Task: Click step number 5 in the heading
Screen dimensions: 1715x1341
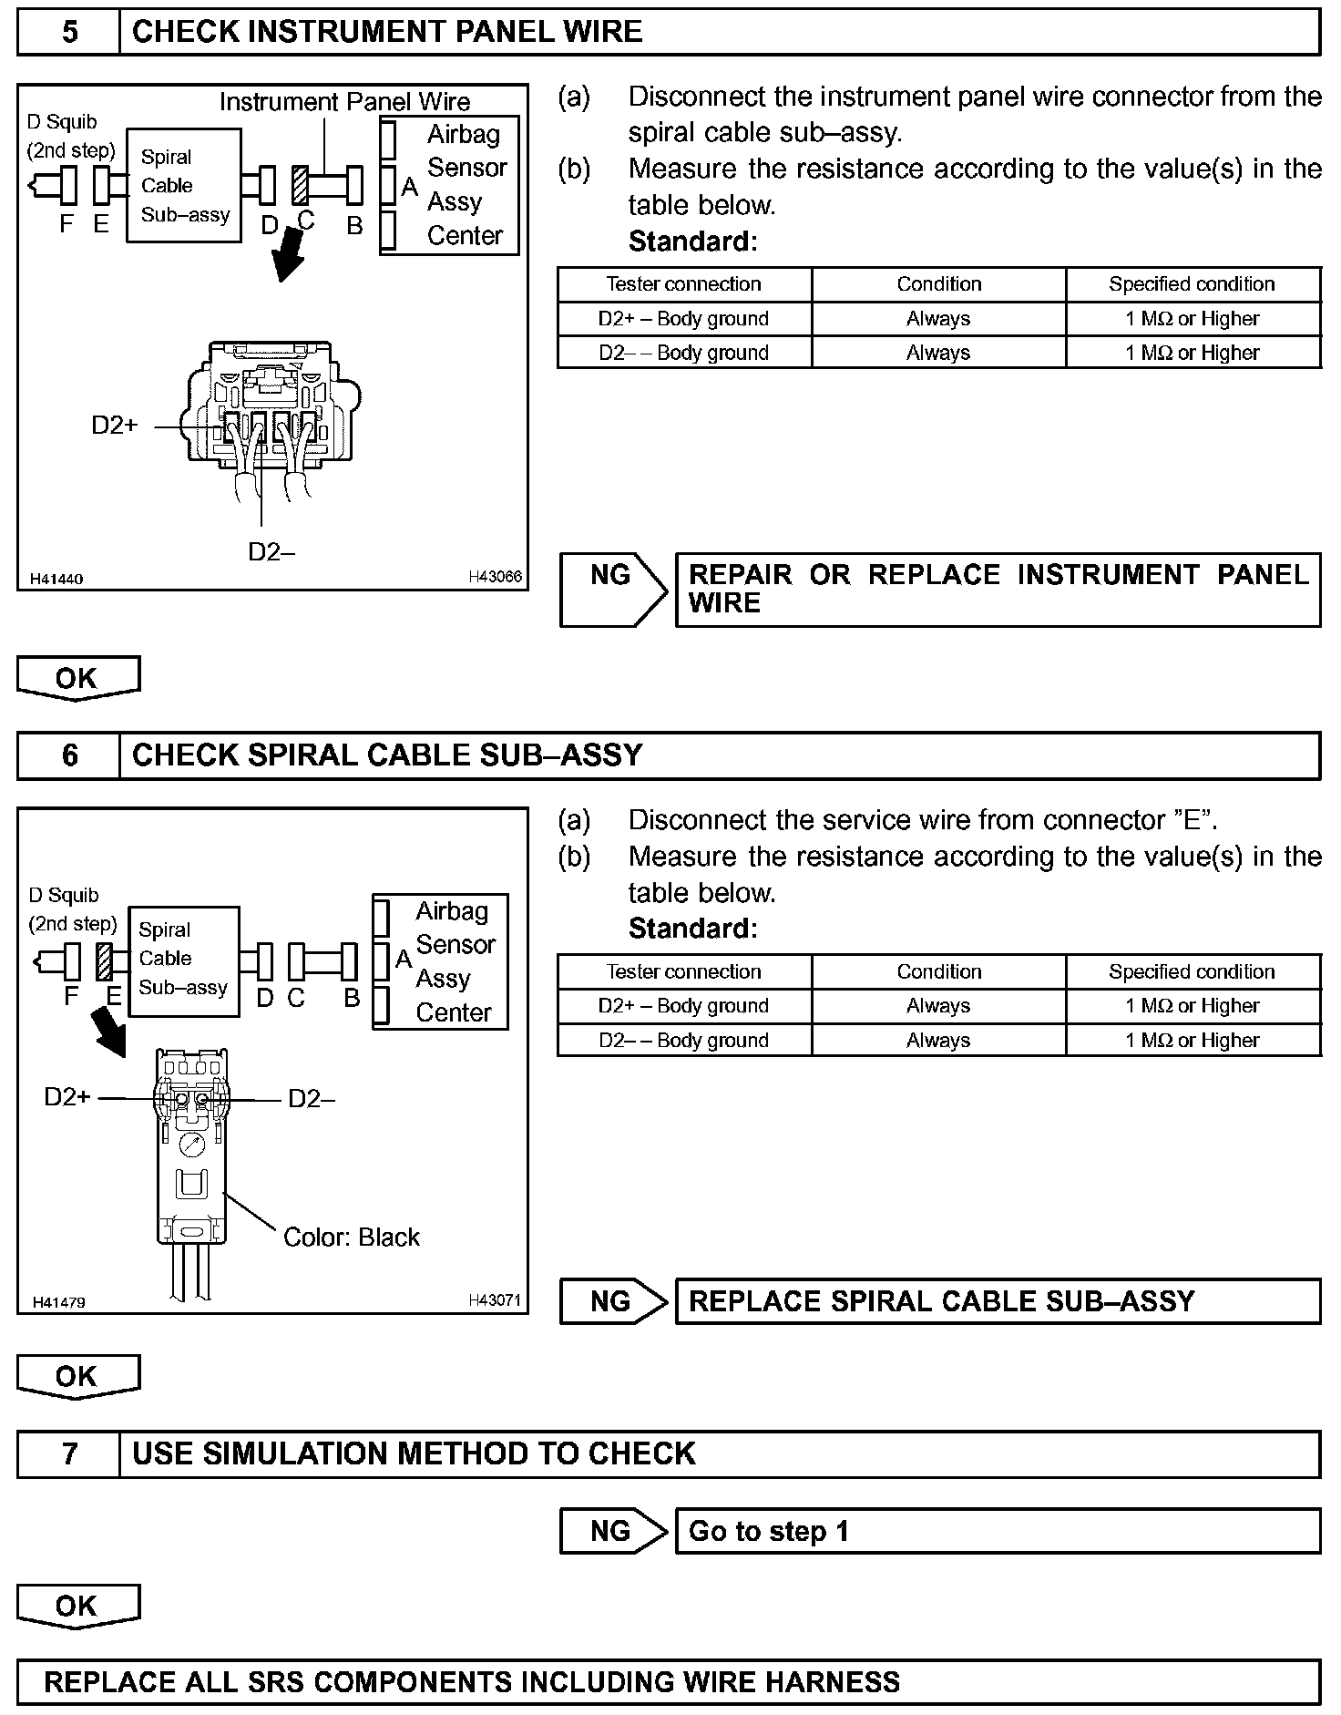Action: (x=69, y=33)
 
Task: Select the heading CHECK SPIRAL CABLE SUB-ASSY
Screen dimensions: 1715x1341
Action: (x=387, y=755)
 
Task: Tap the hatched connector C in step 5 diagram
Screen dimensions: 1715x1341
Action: (x=301, y=184)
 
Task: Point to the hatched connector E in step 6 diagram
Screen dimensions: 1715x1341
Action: (x=105, y=961)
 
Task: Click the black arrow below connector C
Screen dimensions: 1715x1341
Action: (x=291, y=256)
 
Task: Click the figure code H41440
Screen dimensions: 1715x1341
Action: (x=56, y=579)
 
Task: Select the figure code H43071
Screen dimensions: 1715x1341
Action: (x=495, y=1300)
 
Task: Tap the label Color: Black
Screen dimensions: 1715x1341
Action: (x=352, y=1237)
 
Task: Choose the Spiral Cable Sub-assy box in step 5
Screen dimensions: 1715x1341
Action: (x=184, y=186)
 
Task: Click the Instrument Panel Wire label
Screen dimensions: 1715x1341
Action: (x=344, y=101)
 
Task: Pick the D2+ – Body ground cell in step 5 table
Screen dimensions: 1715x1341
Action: (x=683, y=319)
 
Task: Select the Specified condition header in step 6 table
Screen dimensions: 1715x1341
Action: (x=1192, y=971)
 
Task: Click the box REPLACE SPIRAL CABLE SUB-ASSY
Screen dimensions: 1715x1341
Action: (x=998, y=1301)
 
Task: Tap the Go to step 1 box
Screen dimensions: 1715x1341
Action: (x=998, y=1531)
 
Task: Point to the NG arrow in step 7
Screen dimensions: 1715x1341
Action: (x=614, y=1531)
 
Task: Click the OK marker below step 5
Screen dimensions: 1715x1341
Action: (x=77, y=678)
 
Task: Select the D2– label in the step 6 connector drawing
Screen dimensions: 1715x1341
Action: (x=312, y=1099)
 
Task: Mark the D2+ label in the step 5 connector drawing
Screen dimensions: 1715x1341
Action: (x=115, y=425)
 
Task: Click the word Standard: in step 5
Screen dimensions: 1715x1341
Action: (x=692, y=241)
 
